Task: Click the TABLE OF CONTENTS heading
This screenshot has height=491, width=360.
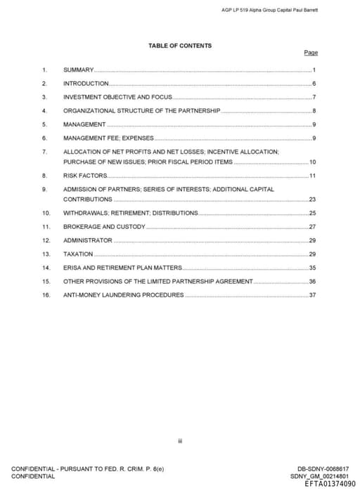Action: [x=179, y=46]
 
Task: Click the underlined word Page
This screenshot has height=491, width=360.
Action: [x=311, y=53]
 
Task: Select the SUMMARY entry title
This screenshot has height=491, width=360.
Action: [x=78, y=70]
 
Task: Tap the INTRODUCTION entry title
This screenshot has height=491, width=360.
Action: [x=86, y=84]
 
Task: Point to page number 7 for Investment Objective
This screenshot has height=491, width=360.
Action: [x=314, y=97]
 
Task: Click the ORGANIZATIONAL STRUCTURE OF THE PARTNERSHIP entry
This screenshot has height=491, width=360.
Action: [x=141, y=111]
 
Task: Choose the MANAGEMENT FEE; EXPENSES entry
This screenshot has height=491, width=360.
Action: [x=108, y=138]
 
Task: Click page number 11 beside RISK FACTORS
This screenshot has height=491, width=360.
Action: [x=312, y=175]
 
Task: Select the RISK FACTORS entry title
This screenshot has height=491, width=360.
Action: [x=85, y=175]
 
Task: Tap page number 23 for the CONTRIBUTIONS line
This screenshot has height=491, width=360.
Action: [x=312, y=199]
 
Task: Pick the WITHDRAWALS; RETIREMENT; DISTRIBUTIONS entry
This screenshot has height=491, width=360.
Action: [x=130, y=213]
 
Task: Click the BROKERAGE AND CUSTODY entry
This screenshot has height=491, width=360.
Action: [x=104, y=227]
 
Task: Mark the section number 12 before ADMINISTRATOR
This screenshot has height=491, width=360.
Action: [x=46, y=240]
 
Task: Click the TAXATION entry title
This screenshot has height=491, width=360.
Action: [x=78, y=254]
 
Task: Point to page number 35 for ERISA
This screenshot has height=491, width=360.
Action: [x=312, y=268]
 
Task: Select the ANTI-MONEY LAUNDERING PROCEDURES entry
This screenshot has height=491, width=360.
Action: [x=123, y=295]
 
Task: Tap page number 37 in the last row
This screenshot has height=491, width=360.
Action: [x=312, y=295]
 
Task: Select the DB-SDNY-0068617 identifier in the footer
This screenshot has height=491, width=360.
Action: [x=323, y=469]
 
